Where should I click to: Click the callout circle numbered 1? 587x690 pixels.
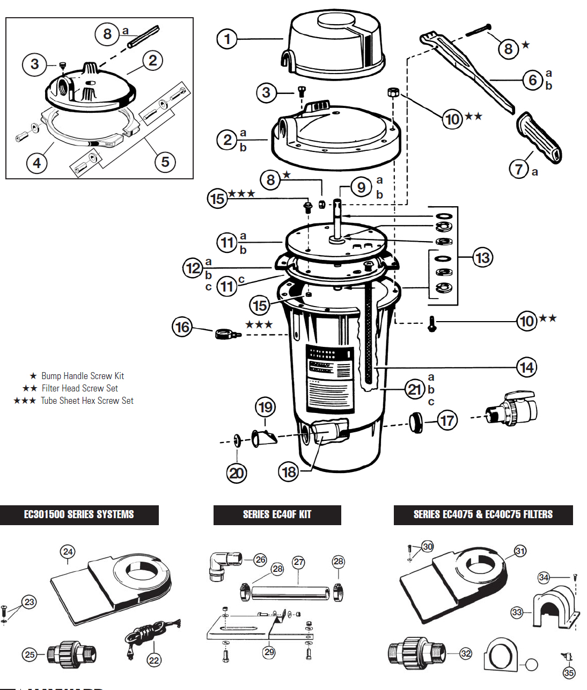tap(228, 39)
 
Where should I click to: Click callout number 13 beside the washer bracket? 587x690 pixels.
tap(482, 258)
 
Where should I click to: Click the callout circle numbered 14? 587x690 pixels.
tap(526, 367)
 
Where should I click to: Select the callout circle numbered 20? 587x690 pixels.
tap(237, 473)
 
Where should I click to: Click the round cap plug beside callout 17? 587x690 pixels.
tap(416, 422)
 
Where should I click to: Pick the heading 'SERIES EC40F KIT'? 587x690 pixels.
tap(277, 514)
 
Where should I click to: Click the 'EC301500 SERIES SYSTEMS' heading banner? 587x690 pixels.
tap(79, 514)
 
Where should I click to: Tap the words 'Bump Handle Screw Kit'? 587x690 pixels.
tap(83, 376)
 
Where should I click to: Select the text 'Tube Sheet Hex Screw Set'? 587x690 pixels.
tap(87, 401)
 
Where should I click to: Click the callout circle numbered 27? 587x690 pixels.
tap(299, 562)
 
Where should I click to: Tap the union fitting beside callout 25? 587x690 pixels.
tap(71, 653)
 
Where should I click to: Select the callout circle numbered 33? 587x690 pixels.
tap(517, 612)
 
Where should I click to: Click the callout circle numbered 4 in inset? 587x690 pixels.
tap(36, 162)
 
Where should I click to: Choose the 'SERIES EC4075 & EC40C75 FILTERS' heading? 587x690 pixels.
tap(483, 514)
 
